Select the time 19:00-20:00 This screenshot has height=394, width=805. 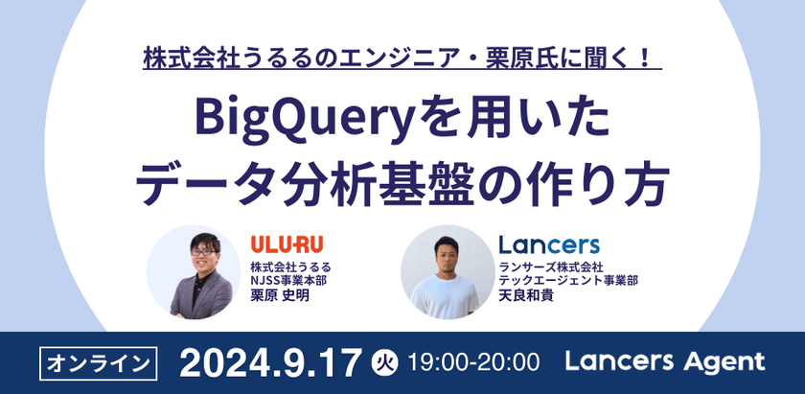coord(473,362)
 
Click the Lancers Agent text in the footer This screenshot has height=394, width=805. coord(665,361)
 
